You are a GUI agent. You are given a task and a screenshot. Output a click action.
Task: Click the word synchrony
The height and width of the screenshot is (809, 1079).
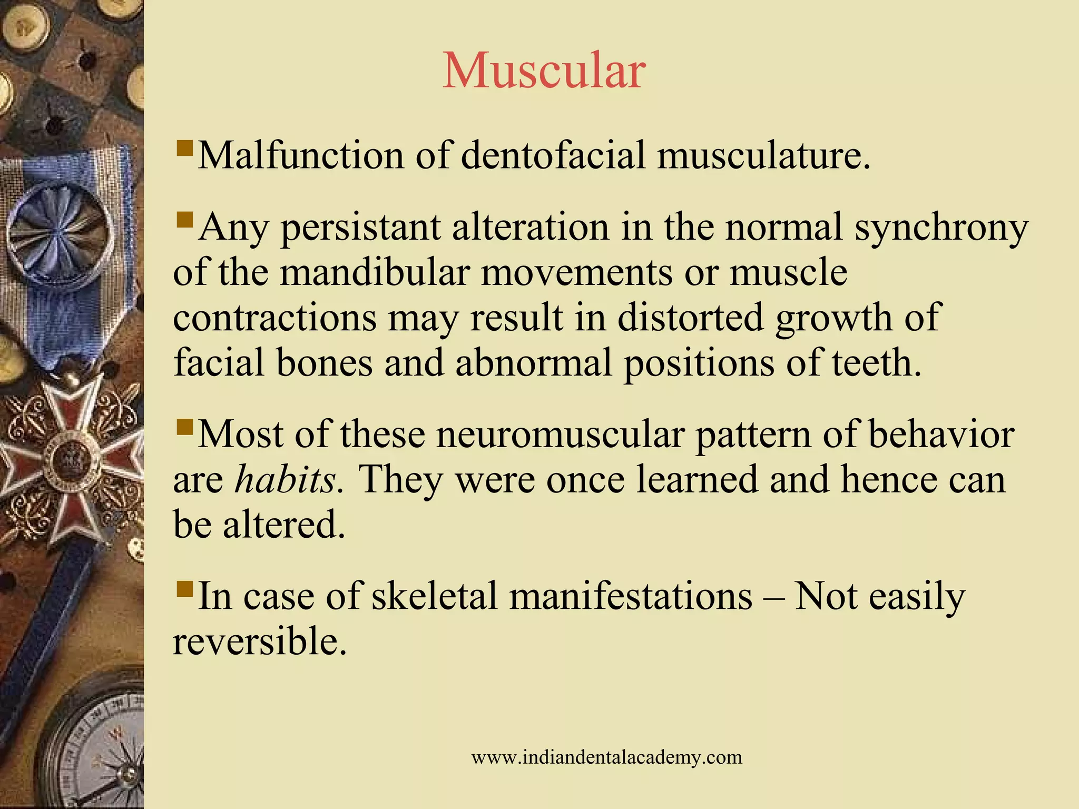[941, 228]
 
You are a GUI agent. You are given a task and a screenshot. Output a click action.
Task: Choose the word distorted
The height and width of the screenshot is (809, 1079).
[690, 318]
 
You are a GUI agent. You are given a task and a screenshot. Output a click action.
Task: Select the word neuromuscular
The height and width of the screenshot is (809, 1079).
[560, 435]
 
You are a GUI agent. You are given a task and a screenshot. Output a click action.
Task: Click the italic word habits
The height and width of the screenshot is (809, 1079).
[285, 479]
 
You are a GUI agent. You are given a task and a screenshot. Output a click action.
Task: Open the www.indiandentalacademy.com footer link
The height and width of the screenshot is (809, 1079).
[606, 757]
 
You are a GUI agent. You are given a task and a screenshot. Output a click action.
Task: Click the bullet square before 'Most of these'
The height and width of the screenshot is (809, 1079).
[184, 426]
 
